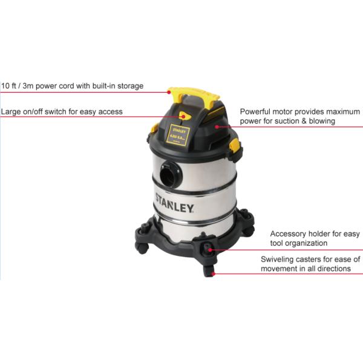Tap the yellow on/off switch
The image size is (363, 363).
pos(183,117)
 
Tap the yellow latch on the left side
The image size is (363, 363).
pos(154,128)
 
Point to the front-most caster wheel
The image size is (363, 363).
pos(209,270)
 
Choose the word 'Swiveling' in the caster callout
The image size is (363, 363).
pos(279,259)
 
